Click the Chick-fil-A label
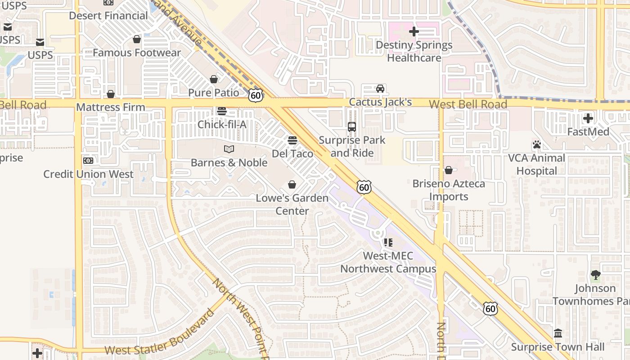click(x=222, y=124)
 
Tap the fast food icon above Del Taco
click(x=292, y=140)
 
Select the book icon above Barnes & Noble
click(x=229, y=149)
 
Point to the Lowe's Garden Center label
click(x=292, y=204)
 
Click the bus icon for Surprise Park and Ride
click(x=352, y=127)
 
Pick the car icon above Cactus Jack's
click(x=380, y=89)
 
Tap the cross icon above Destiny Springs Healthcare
click(x=414, y=31)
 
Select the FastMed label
click(x=588, y=132)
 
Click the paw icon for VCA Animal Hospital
click(x=536, y=145)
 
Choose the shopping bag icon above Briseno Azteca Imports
click(x=449, y=170)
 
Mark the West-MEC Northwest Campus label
click(x=388, y=262)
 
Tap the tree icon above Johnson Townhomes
click(x=595, y=275)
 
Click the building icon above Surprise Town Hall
click(x=558, y=333)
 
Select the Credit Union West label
click(x=88, y=174)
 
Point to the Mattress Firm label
click(x=111, y=107)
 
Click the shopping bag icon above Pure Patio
click(x=214, y=80)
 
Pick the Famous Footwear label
click(x=137, y=53)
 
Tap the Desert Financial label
click(x=108, y=16)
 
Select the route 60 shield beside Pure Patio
click(x=255, y=95)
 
